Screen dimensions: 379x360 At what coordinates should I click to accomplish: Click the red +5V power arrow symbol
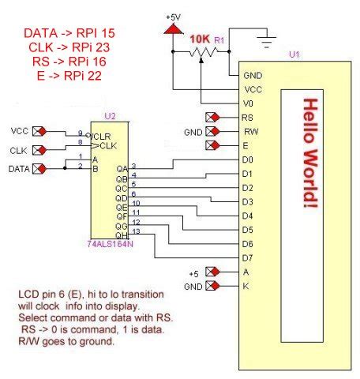click(x=171, y=29)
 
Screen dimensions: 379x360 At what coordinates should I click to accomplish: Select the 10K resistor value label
click(x=198, y=39)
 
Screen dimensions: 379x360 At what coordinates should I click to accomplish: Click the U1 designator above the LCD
click(x=294, y=54)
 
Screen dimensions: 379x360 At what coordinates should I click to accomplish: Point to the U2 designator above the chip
click(x=110, y=115)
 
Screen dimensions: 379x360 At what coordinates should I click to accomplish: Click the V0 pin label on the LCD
click(x=249, y=103)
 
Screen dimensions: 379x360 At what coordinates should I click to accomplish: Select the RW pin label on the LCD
click(x=249, y=131)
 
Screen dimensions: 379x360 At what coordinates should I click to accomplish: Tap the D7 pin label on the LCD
click(x=249, y=257)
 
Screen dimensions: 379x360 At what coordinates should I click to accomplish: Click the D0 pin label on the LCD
click(x=249, y=159)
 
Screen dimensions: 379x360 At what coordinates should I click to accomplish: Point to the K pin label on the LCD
click(x=246, y=286)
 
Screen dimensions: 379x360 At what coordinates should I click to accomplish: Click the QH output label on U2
click(x=121, y=235)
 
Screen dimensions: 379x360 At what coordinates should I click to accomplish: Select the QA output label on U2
click(x=121, y=168)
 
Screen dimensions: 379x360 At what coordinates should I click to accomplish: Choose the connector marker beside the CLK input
click(x=39, y=148)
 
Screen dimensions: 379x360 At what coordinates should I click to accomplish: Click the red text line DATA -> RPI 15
click(x=70, y=33)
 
